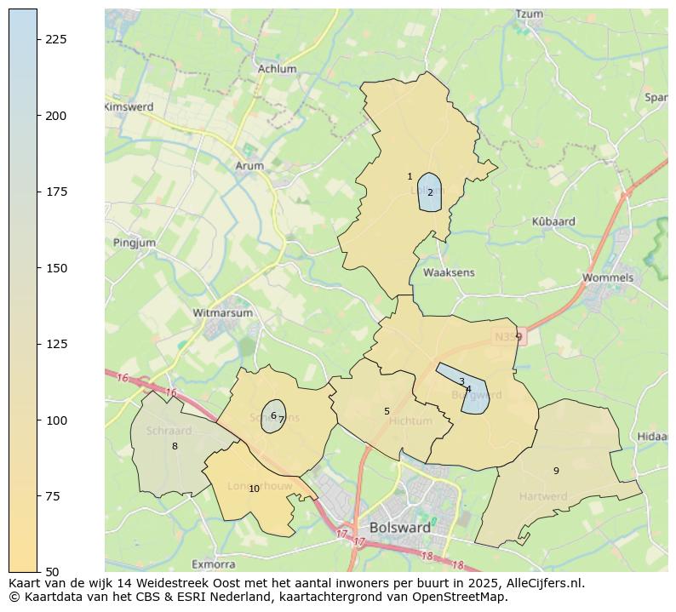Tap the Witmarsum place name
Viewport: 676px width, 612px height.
(x=223, y=312)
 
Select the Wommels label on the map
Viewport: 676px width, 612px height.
(x=608, y=277)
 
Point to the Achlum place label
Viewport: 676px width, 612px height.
(x=277, y=69)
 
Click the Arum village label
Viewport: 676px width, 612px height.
(x=249, y=166)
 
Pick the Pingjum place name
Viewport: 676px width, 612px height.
(x=135, y=243)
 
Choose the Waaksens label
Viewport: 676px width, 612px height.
(x=449, y=272)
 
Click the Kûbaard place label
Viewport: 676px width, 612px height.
(x=553, y=221)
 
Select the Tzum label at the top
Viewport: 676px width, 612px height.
(x=530, y=14)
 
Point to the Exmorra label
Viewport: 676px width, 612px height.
(x=214, y=563)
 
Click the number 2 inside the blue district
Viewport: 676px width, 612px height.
(x=430, y=192)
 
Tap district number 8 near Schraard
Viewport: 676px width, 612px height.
(x=175, y=446)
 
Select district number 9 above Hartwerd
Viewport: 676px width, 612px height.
(x=556, y=471)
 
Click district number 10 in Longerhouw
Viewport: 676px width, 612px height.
(x=254, y=489)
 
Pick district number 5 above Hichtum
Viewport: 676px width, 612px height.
(x=387, y=411)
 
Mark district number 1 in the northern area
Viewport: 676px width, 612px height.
(x=410, y=176)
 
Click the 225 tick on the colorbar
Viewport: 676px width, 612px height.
(x=56, y=39)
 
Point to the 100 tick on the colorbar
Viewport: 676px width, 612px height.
(x=56, y=420)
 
